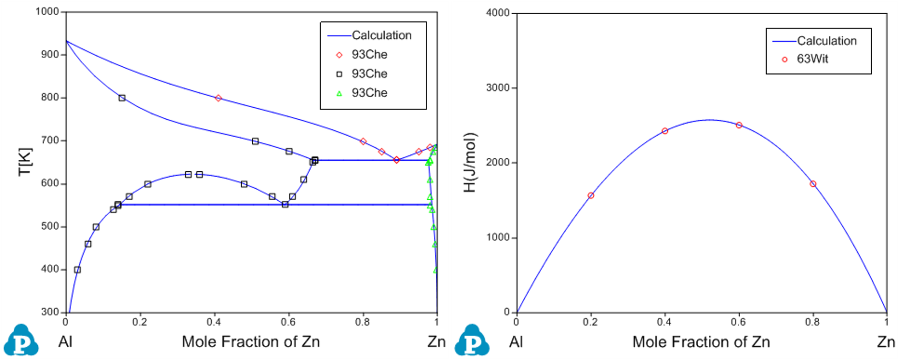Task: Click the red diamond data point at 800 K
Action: [218, 98]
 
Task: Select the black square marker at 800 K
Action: [122, 98]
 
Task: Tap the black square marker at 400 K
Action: [77, 270]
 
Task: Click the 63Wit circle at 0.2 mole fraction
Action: [591, 196]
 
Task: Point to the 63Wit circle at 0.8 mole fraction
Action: [813, 184]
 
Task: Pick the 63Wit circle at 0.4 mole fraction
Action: [665, 131]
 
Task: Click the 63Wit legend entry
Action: [812, 59]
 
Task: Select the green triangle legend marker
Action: [339, 93]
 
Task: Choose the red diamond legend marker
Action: [339, 55]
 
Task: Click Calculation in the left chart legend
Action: [382, 35]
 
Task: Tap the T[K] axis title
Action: [25, 162]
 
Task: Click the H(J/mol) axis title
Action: [470, 163]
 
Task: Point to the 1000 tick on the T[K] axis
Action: [47, 12]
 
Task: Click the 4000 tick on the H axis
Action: [498, 13]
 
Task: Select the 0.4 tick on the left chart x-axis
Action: [214, 322]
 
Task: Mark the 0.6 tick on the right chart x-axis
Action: [738, 322]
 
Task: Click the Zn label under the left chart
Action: [436, 342]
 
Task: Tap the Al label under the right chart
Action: [516, 342]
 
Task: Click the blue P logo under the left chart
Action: [21, 341]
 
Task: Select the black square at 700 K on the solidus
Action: [255, 141]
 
